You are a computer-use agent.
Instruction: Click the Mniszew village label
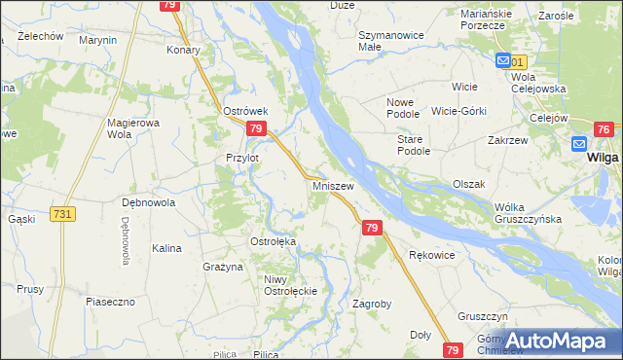[332, 184]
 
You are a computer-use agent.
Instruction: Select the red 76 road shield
[604, 129]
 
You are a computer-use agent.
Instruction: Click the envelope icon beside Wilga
[580, 144]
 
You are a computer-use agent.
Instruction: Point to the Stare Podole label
[413, 146]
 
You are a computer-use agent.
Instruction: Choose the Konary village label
[183, 50]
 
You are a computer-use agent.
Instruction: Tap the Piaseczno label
[110, 302]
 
